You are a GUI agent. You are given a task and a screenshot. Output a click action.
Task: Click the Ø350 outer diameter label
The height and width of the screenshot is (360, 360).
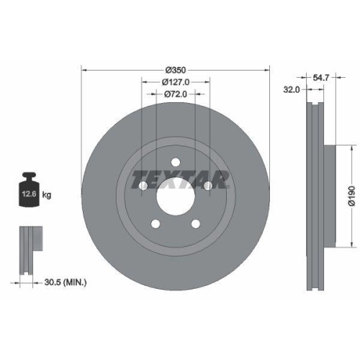click(x=176, y=70)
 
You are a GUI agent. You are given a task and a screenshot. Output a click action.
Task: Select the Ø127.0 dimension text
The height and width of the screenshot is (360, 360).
click(x=176, y=82)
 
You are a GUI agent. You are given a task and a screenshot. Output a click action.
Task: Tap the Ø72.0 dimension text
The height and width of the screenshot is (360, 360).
click(x=176, y=94)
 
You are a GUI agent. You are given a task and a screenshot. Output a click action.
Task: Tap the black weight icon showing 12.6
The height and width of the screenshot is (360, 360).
click(x=29, y=190)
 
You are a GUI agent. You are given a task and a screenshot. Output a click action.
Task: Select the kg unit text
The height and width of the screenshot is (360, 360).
click(x=48, y=195)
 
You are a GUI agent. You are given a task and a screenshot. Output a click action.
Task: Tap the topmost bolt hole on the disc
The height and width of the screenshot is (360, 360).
click(x=176, y=163)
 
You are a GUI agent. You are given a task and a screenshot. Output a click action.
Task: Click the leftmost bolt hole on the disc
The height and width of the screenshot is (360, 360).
click(x=143, y=186)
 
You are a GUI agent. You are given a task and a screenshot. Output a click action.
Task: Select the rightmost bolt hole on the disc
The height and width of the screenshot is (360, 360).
click(x=209, y=186)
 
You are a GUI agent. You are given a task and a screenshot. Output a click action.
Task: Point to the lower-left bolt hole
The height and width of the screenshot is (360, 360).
click(x=156, y=225)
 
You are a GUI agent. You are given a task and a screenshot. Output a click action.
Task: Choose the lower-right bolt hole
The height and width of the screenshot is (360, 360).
click(x=196, y=225)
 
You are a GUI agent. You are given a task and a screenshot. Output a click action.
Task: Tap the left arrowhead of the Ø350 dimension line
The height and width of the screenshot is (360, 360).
click(x=85, y=70)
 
